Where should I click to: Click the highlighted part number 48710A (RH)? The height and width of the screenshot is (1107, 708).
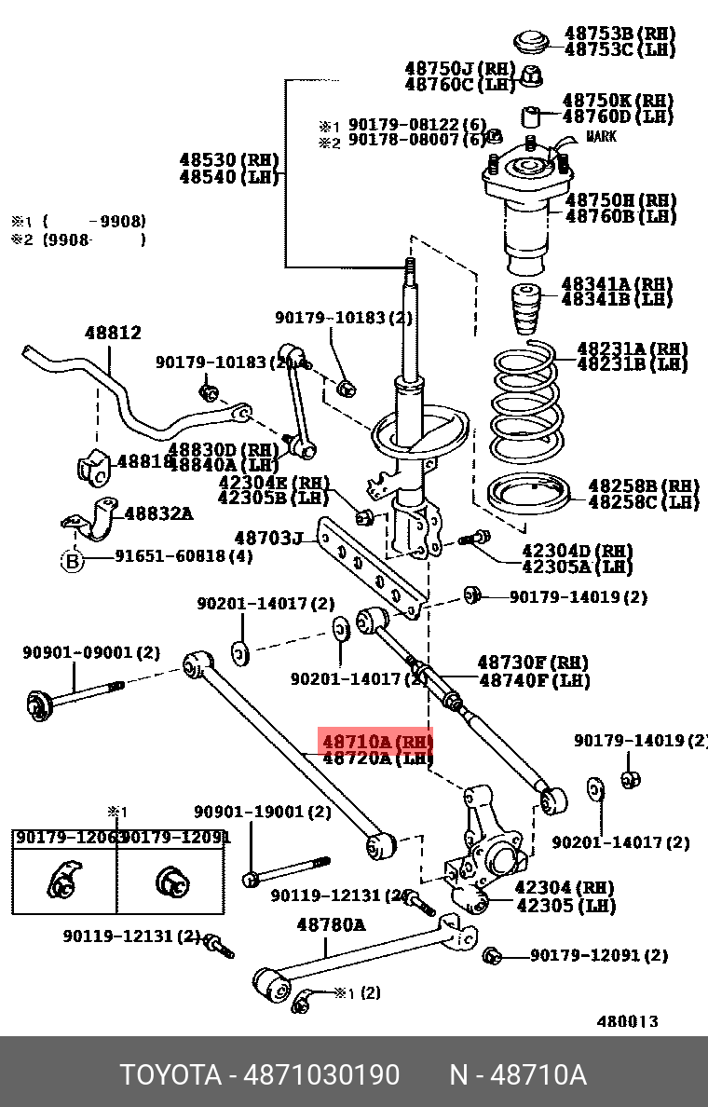pos(376,742)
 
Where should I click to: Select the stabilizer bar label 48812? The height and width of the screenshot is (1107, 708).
pos(113,333)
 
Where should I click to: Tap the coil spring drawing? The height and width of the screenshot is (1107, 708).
pos(524,403)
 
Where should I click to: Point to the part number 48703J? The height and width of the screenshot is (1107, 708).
pos(268,539)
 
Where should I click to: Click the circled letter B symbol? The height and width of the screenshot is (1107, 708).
pos(73,560)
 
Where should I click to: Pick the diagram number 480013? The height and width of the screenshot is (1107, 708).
pos(627,1021)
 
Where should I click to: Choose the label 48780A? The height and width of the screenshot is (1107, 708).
pos(331,925)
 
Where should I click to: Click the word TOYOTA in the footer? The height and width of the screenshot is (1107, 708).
pos(170,1075)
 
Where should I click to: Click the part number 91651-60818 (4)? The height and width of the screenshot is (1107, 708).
pos(184,557)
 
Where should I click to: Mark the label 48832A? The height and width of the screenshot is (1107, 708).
pos(158,512)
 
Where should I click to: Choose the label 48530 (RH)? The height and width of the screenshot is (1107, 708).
pos(228,160)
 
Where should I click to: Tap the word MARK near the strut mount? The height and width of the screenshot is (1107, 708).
pos(601,137)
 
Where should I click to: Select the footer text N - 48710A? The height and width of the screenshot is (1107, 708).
pos(517,1075)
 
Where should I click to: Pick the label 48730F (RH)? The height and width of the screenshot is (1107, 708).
pos(533,663)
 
